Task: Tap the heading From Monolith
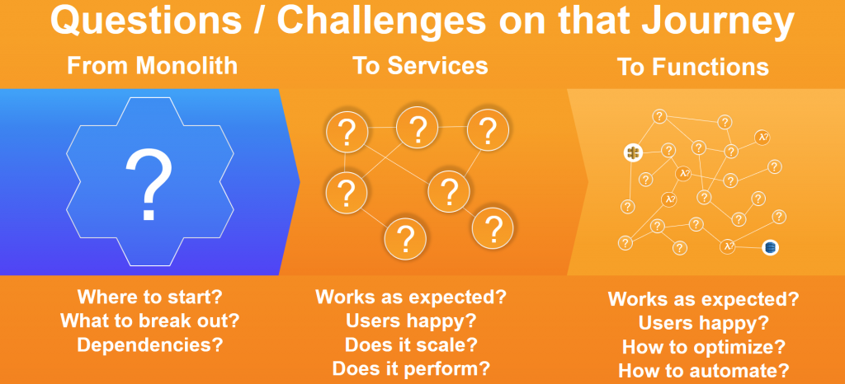pos(152,66)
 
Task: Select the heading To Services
pos(420,66)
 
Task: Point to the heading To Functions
pos(693,68)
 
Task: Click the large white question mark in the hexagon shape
pos(149,185)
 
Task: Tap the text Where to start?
pos(150,297)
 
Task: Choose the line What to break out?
pos(150,321)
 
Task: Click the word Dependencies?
pos(150,344)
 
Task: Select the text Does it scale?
pos(411,344)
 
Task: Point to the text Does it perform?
pos(411,369)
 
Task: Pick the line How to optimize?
pos(703,347)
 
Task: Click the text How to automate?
pos(703,371)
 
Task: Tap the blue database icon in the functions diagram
pos(771,247)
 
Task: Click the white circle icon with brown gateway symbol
pos(633,152)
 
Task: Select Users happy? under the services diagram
pos(411,321)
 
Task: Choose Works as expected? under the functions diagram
pos(703,299)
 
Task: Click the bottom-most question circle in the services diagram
pos(405,238)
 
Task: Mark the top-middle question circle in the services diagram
pos(417,128)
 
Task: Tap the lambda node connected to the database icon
pos(728,247)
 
